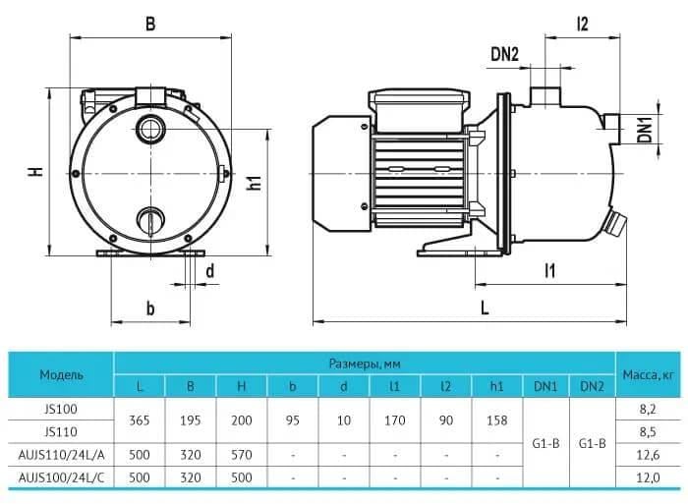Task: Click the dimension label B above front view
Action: [x=150, y=25]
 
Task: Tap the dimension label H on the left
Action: [x=35, y=171]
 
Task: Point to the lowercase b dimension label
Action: [x=150, y=308]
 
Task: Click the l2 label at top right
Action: [x=582, y=25]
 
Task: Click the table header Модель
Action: [x=61, y=374]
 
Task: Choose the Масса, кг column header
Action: [x=647, y=374]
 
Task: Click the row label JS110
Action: [x=61, y=431]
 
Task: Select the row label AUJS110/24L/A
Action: [x=61, y=454]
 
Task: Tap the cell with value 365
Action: [x=140, y=420]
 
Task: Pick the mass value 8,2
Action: [x=647, y=409]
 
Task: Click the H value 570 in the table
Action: [x=242, y=454]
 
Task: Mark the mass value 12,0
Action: [x=647, y=476]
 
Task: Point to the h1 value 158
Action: [x=497, y=420]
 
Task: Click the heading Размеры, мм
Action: [x=365, y=364]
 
